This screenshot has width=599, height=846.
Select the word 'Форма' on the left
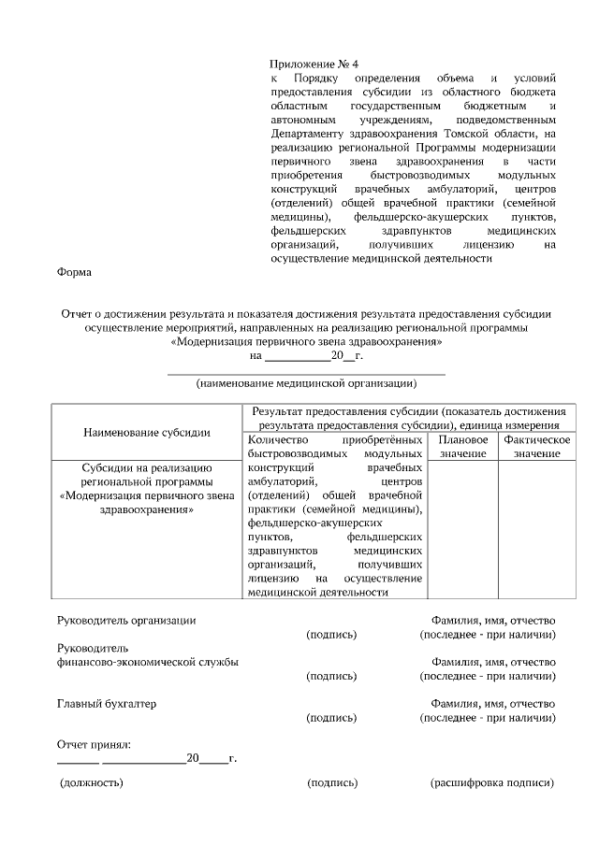[x=75, y=272]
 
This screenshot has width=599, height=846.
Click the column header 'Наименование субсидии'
[x=146, y=432]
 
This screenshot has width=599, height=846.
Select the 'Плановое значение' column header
[x=463, y=446]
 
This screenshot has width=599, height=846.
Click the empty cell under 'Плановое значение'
[x=463, y=529]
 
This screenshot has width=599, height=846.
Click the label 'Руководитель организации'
[x=126, y=621]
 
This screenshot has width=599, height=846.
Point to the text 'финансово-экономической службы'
[x=147, y=662]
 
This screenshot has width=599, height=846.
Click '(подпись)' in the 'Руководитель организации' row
[x=332, y=635]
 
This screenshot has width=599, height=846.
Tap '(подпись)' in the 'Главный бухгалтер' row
[x=332, y=717]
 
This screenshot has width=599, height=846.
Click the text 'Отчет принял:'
[x=95, y=744]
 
